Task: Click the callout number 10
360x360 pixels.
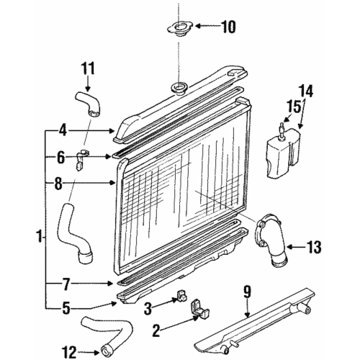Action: pyautogui.click(x=228, y=28)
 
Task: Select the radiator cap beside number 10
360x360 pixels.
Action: pyautogui.click(x=177, y=30)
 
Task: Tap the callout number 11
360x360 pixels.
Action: pyautogui.click(x=88, y=70)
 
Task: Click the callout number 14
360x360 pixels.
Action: pyautogui.click(x=307, y=91)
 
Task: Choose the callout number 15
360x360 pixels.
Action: pyautogui.click(x=292, y=109)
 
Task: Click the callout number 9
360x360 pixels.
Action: pyautogui.click(x=246, y=292)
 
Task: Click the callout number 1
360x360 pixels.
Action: pyautogui.click(x=39, y=235)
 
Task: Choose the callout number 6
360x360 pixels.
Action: pyautogui.click(x=62, y=156)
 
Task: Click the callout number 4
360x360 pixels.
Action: pyautogui.click(x=62, y=130)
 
